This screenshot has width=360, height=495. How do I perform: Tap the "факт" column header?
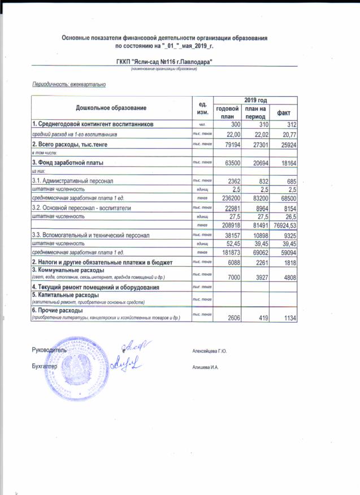(x=283, y=112)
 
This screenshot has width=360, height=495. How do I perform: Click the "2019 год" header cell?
(x=255, y=99)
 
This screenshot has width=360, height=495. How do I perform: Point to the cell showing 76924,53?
(x=284, y=224)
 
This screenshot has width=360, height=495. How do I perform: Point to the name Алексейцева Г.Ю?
(x=210, y=351)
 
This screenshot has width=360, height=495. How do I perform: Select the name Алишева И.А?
(x=206, y=367)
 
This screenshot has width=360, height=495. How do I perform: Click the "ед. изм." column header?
(x=198, y=107)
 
